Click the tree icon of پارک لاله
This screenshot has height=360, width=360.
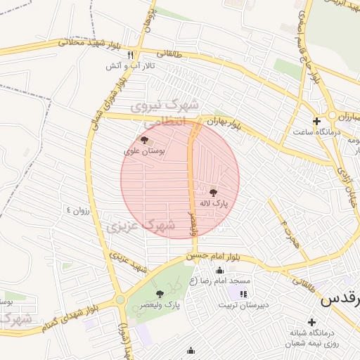(213, 191)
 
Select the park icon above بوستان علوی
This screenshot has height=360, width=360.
(145, 140)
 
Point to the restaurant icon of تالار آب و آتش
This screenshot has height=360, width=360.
(130, 54)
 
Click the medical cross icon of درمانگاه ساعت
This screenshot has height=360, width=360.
(316, 121)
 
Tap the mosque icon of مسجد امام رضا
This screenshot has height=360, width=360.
(219, 271)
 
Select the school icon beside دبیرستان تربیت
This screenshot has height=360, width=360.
(243, 294)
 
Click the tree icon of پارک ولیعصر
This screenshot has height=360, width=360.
(160, 294)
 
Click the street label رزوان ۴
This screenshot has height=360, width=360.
(79, 210)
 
